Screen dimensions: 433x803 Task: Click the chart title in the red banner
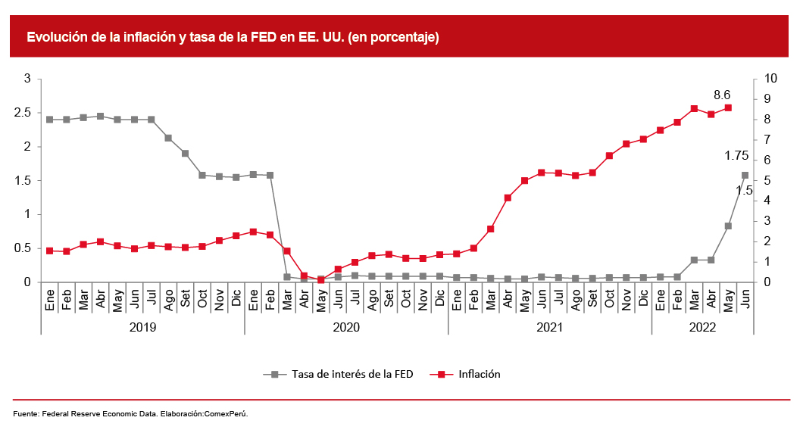tap(233, 36)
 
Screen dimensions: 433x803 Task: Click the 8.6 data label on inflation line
tap(722, 95)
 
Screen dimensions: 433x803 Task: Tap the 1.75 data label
tap(736, 156)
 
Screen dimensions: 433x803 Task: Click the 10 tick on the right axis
tap(771, 79)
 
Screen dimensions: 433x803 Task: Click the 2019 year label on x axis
tap(143, 327)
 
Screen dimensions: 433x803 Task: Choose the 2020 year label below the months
tap(346, 327)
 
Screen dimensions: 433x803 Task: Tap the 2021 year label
tap(550, 327)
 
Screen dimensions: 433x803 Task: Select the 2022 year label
tap(702, 327)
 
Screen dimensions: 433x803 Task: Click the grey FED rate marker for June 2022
tap(745, 175)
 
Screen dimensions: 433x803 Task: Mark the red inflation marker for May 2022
tap(728, 107)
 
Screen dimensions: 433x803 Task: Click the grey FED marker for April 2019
tap(100, 116)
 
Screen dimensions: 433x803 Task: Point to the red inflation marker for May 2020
tap(320, 280)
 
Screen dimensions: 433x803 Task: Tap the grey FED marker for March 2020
tap(287, 277)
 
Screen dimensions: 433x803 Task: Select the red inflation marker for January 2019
tap(49, 251)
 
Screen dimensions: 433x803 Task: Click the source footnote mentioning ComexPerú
tap(130, 414)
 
